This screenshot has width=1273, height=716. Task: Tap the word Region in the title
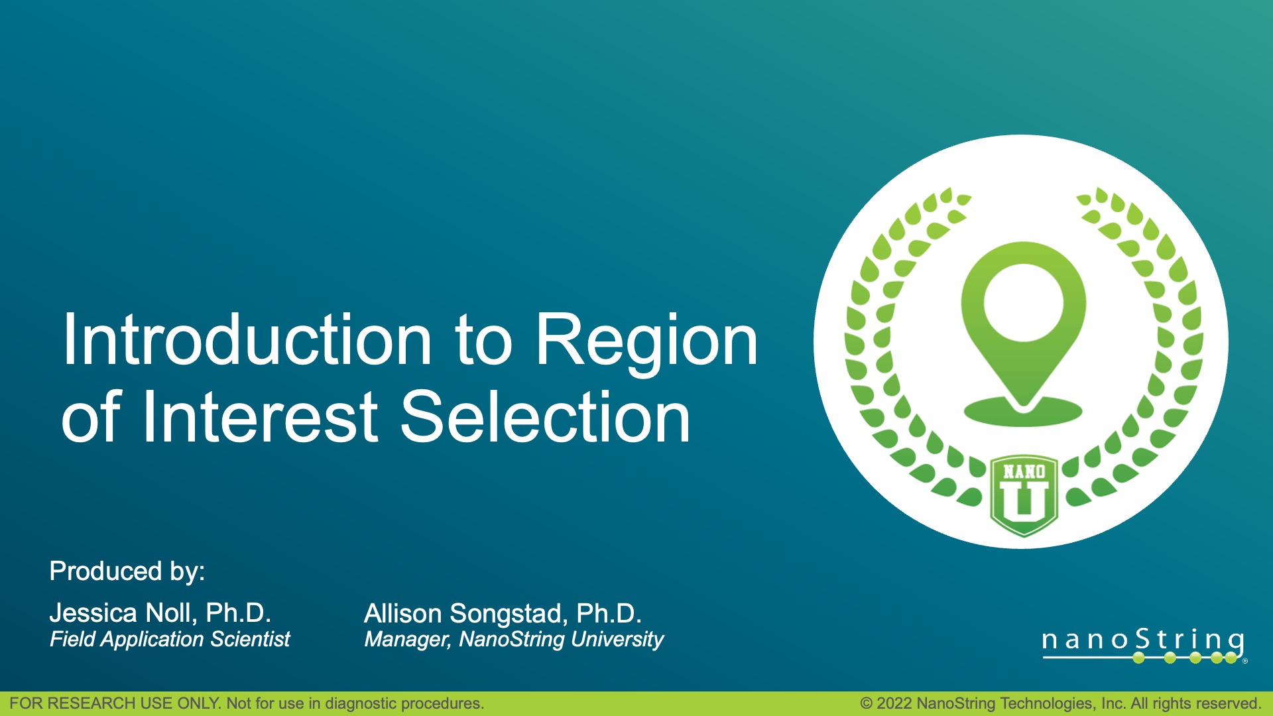click(646, 340)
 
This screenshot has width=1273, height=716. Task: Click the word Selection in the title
click(545, 418)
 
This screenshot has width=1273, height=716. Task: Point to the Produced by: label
click(127, 571)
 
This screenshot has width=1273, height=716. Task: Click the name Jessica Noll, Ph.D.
click(160, 613)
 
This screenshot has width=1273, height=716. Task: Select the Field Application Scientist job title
click(170, 639)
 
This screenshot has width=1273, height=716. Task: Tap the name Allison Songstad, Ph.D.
click(503, 613)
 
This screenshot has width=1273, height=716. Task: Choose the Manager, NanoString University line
click(514, 639)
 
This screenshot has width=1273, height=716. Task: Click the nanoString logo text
click(1142, 640)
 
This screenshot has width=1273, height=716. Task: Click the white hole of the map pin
click(1023, 302)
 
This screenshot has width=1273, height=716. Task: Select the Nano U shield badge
click(1024, 495)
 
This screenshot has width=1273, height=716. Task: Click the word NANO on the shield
click(1024, 472)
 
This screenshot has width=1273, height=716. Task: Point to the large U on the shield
click(1024, 501)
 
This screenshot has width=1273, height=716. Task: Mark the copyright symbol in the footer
click(866, 703)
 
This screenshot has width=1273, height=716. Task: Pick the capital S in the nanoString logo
click(1142, 639)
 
